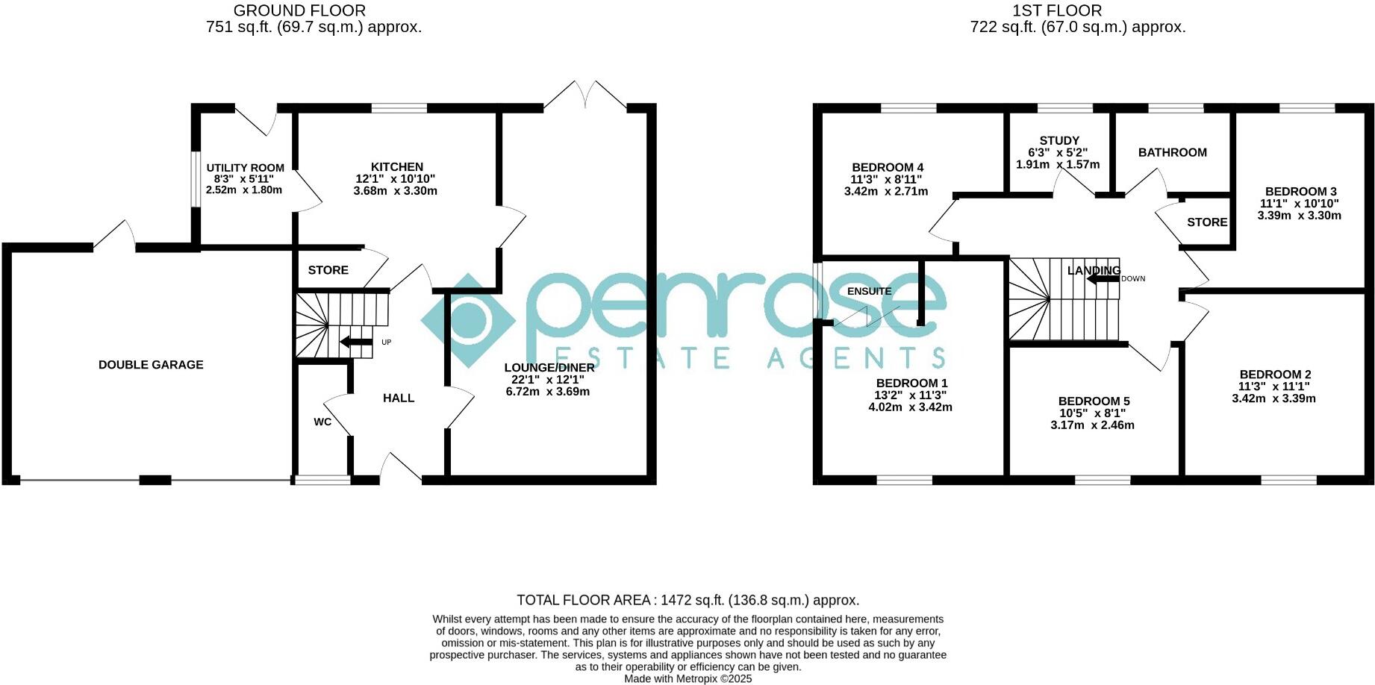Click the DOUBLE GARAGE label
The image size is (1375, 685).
tap(151, 365)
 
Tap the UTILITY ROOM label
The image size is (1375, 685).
tap(245, 168)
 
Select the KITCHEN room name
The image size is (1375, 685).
tap(397, 167)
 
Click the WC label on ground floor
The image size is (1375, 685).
tap(322, 422)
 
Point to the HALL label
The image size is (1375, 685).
tap(399, 398)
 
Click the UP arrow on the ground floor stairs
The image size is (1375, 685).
tap(356, 342)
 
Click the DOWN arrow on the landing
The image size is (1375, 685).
tap(1103, 279)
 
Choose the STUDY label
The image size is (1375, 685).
tap(1059, 140)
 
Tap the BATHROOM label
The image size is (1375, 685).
tap(1172, 152)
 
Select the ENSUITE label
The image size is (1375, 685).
tap(869, 291)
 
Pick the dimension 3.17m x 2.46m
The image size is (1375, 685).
tap(1092, 425)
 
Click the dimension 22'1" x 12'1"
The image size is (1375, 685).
tap(548, 380)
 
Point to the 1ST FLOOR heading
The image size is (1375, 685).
tap(1056, 10)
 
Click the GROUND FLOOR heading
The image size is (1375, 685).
tap(299, 10)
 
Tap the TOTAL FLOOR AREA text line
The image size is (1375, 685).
tap(687, 600)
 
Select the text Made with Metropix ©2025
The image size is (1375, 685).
tap(687, 679)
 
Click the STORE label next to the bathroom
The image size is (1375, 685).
tap(1207, 222)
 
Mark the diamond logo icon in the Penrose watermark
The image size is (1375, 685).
tap(468, 321)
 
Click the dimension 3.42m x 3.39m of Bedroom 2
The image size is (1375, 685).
tap(1273, 398)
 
